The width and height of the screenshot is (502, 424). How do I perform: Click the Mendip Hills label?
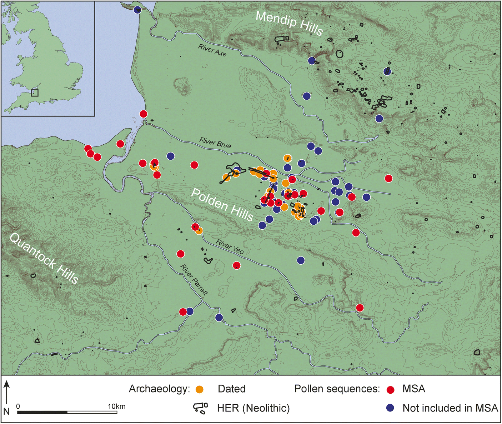coord(289,23)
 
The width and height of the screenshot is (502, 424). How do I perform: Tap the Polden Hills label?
coord(222,205)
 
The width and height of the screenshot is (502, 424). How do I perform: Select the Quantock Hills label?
coord(44,258)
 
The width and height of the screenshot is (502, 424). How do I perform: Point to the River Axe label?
coord(212,50)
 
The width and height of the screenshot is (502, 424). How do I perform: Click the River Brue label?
coord(215,143)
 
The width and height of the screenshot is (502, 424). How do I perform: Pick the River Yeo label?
coord(230,246)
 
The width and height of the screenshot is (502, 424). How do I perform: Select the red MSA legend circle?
coord(391,389)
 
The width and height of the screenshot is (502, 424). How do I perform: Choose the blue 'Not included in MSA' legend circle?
coord(391,408)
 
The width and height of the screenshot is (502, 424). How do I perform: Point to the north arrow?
coord(7,393)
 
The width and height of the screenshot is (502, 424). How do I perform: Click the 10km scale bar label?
coord(116,406)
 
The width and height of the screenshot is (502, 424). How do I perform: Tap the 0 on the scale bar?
coord(18,406)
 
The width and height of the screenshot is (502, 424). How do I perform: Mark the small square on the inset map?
coord(35,93)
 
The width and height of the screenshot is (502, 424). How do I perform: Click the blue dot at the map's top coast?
coord(137,10)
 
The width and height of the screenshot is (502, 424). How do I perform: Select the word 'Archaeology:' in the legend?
coord(159,389)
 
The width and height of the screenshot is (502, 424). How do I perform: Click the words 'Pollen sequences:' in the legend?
coord(337,389)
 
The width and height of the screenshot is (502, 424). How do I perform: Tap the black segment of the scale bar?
coord(42,412)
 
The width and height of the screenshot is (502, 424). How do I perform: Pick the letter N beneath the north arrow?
coord(6,411)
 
